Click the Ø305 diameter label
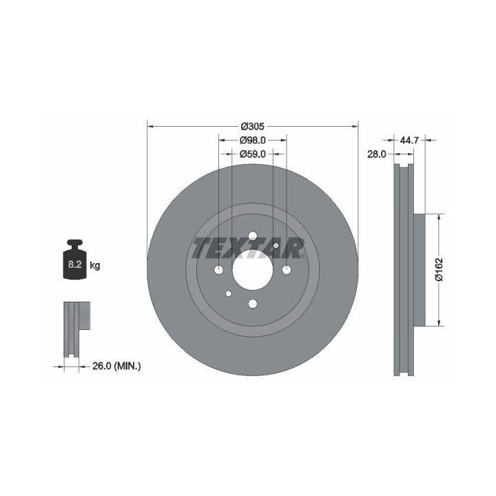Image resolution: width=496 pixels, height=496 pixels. (x=252, y=127)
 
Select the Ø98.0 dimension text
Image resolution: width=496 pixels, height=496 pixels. (x=252, y=140)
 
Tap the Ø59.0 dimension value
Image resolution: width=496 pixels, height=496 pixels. (x=252, y=154)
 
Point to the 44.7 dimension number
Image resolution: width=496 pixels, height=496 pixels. (x=409, y=140)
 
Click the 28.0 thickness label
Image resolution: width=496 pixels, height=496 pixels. (x=377, y=154)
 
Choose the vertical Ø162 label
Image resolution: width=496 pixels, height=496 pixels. (x=440, y=269)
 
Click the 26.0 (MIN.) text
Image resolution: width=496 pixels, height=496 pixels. (x=116, y=366)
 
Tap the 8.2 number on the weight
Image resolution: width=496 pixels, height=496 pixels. (x=75, y=265)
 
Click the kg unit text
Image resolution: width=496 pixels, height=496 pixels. (x=95, y=265)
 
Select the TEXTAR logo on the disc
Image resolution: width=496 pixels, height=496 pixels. (x=248, y=249)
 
